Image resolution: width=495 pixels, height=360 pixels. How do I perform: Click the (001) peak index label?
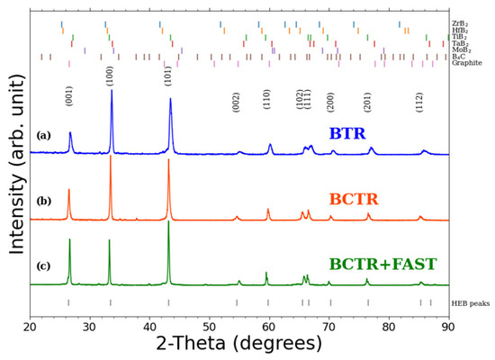pyautogui.click(x=69, y=95)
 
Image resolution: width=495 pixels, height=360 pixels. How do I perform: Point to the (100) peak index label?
pyautogui.click(x=110, y=76)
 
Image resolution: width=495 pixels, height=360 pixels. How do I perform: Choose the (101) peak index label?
pyautogui.click(x=168, y=76)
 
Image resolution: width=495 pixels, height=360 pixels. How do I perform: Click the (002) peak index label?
pyautogui.click(x=237, y=101)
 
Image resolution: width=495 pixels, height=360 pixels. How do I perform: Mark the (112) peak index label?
pyautogui.click(x=419, y=101)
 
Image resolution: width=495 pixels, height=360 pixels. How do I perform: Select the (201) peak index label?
pyautogui.click(x=367, y=101)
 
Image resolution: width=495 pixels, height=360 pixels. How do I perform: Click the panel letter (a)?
pyautogui.click(x=43, y=136)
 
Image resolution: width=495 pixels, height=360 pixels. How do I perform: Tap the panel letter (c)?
pyautogui.click(x=43, y=266)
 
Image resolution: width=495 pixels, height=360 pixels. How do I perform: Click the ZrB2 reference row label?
pyautogui.click(x=459, y=23)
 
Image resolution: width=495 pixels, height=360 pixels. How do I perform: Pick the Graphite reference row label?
pyautogui.click(x=466, y=63)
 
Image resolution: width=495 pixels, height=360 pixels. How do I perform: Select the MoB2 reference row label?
pyautogui.click(x=460, y=49)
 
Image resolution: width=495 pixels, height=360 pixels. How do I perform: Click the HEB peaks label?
pyautogui.click(x=470, y=303)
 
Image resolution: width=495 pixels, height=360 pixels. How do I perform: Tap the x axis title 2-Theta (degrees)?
pyautogui.click(x=239, y=345)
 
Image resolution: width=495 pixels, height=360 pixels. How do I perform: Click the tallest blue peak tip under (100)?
pyautogui.click(x=112, y=90)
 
